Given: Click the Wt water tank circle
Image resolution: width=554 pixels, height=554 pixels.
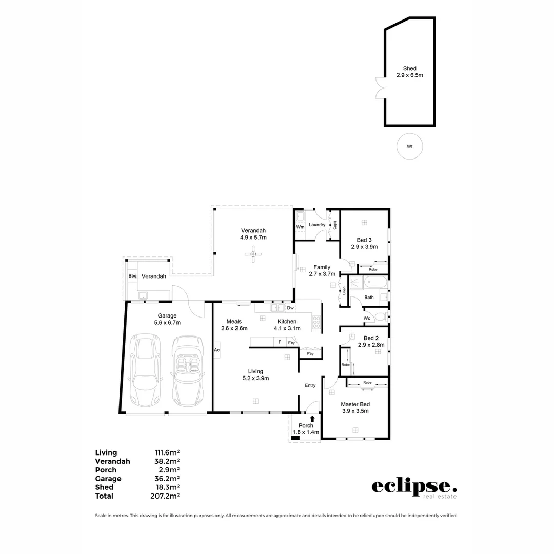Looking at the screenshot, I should [x=410, y=146].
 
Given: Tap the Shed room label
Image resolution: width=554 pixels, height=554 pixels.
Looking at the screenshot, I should [x=409, y=68].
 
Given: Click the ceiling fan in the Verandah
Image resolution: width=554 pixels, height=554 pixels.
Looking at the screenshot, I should [x=253, y=254].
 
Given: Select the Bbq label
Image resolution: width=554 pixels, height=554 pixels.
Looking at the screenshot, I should [x=132, y=276].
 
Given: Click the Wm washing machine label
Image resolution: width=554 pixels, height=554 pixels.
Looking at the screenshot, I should [x=301, y=226].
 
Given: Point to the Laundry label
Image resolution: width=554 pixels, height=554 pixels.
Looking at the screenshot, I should [x=318, y=224].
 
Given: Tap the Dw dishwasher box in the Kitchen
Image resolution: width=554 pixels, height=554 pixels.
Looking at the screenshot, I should [x=290, y=308].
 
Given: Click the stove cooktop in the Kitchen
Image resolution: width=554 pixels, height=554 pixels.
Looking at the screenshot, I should [x=316, y=322].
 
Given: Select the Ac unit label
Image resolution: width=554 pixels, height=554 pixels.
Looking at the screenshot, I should [x=216, y=349].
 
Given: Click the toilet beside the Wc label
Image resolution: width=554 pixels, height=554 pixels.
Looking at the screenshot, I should [x=380, y=316].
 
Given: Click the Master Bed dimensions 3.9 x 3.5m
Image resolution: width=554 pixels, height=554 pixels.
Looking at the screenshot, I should [x=355, y=411].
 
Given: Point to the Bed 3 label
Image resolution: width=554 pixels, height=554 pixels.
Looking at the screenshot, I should [x=364, y=240].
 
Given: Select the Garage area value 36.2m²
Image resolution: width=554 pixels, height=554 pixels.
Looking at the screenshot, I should [x=167, y=479].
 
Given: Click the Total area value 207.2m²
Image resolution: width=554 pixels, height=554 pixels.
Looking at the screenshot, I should [x=167, y=496].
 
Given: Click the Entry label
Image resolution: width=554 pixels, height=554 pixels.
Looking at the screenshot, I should [x=310, y=385].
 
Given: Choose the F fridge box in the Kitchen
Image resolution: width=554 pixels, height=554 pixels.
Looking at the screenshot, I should [x=280, y=342].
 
